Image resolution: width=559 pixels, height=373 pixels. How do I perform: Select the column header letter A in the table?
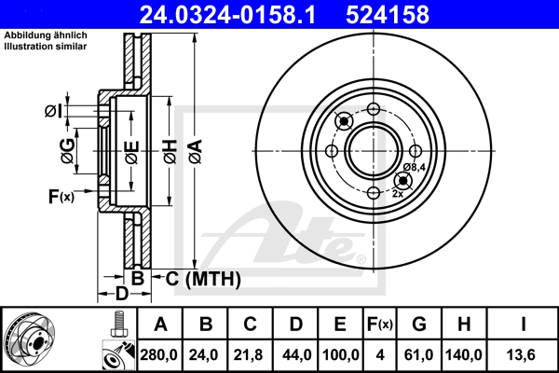point(160,324)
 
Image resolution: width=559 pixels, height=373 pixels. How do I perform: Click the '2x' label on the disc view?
point(398,193)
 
